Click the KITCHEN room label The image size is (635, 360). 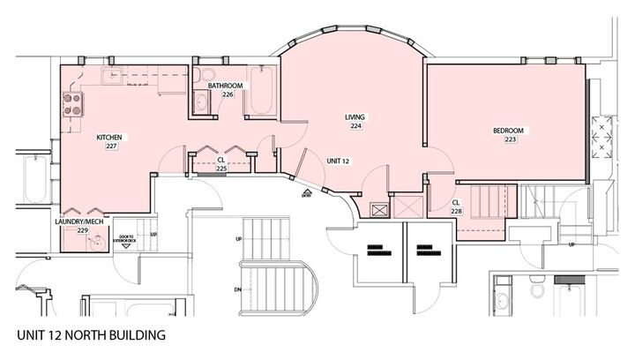[x=108, y=137]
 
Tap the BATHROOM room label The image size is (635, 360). [x=227, y=86]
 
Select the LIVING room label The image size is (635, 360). [x=355, y=117]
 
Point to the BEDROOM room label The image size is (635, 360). [x=508, y=131]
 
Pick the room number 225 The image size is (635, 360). [x=222, y=168]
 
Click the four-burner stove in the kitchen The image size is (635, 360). [x=71, y=105]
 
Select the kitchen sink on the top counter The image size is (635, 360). [x=114, y=76]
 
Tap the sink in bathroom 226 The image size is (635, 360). [x=200, y=102]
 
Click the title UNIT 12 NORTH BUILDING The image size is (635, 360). [x=90, y=335]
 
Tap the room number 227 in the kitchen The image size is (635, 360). [x=111, y=146]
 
